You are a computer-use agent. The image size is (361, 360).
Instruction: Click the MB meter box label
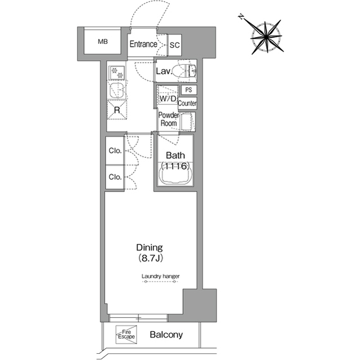(x=103, y=42)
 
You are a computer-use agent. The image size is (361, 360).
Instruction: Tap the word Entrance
(x=143, y=44)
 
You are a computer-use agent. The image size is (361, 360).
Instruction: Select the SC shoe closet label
(x=174, y=45)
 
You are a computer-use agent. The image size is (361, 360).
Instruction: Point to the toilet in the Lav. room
(x=184, y=71)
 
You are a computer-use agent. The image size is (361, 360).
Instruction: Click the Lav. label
(x=164, y=71)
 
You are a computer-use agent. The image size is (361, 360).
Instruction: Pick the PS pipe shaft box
(x=188, y=90)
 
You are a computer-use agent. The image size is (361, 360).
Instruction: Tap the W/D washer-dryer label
(x=168, y=99)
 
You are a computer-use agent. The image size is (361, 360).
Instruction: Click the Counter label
(x=187, y=103)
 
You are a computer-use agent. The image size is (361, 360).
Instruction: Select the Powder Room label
(x=169, y=119)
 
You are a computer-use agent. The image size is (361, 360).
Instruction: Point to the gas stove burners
(x=117, y=73)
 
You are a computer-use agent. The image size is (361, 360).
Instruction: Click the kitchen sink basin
(x=117, y=91)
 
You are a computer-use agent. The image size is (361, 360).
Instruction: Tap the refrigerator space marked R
(x=117, y=110)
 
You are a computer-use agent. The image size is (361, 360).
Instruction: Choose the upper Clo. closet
(x=115, y=150)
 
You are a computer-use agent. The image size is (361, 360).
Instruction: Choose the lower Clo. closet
(x=115, y=177)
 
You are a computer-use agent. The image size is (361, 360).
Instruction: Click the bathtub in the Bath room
(x=175, y=175)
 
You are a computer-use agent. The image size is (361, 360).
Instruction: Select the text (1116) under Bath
(x=175, y=166)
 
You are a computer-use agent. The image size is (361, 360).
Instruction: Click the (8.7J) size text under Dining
(x=151, y=258)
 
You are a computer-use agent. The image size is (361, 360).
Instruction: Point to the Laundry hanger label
(x=160, y=276)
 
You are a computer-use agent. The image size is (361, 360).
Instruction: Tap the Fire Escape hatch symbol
(x=126, y=335)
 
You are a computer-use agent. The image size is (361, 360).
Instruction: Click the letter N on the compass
(x=241, y=16)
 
